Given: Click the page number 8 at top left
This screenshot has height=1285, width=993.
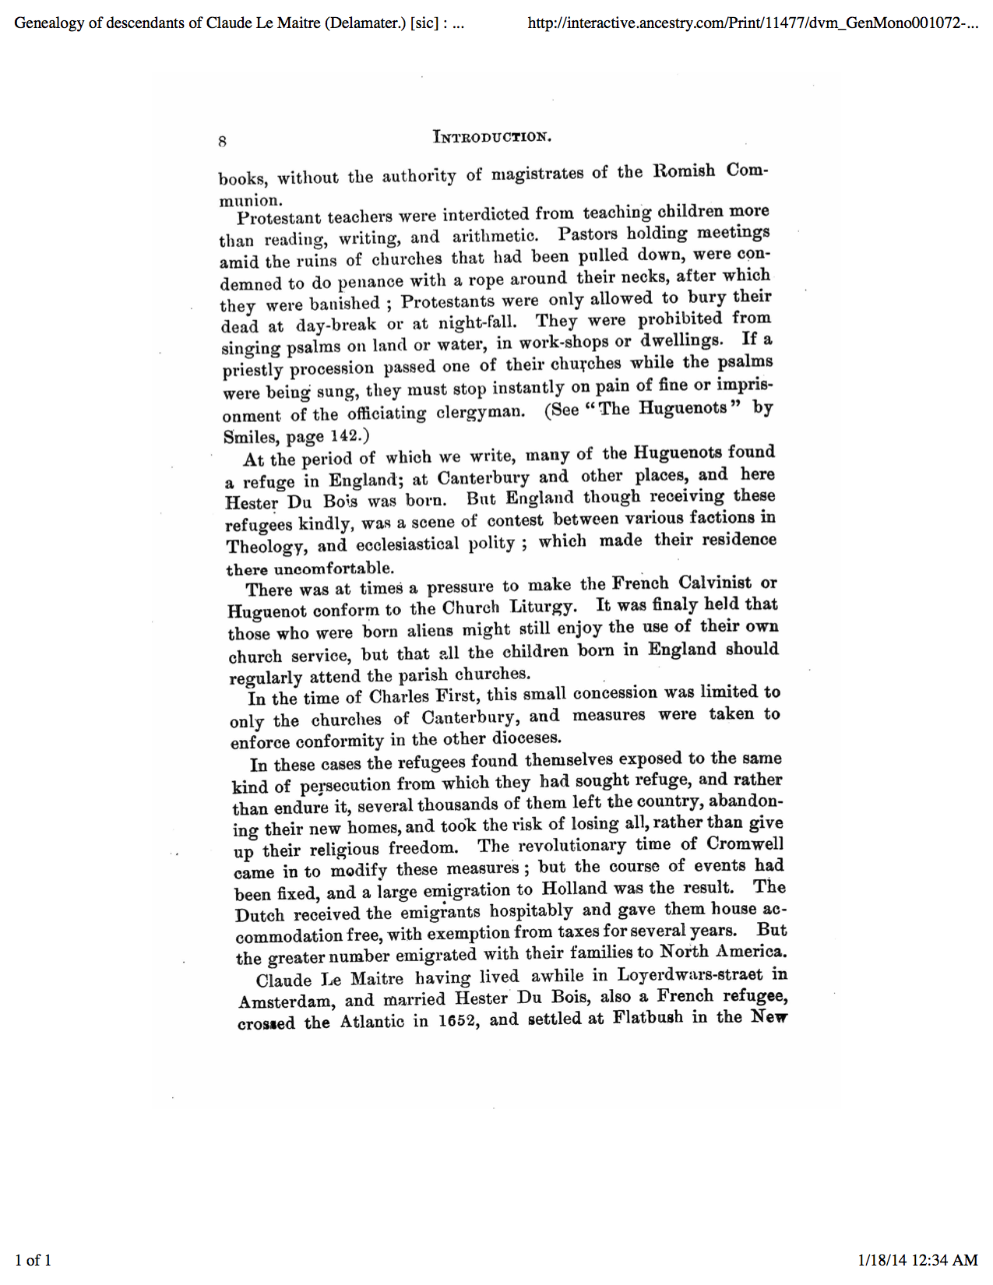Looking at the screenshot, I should [x=222, y=141].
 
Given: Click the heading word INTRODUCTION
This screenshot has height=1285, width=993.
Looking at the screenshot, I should [x=492, y=137].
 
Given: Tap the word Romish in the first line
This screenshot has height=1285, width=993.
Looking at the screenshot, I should [x=684, y=171].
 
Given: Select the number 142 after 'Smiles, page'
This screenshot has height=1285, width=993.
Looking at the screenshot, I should [x=343, y=435].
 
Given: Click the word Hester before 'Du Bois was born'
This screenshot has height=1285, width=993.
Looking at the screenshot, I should [x=251, y=503].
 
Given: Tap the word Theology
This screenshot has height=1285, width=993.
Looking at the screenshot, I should [x=266, y=547].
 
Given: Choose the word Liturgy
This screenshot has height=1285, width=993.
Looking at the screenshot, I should [x=543, y=607].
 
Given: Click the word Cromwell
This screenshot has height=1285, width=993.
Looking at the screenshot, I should [x=745, y=844].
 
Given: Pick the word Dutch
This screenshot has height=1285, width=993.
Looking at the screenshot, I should [x=259, y=915].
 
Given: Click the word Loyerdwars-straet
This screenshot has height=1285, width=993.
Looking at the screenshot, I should [x=690, y=975].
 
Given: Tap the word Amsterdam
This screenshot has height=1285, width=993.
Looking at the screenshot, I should [x=286, y=1002].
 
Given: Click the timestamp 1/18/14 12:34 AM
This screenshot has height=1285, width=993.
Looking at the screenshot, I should [x=917, y=1260].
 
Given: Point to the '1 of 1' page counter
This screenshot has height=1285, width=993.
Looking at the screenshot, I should [x=33, y=1260].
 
